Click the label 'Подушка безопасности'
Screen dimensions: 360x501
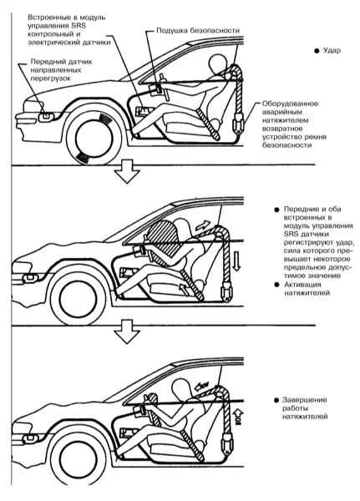[198, 31]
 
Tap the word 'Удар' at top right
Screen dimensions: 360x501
[332, 50]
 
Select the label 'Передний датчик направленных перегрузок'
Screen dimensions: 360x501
[61, 69]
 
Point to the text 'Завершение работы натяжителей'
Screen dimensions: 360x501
[304, 408]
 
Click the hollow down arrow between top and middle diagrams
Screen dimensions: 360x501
[127, 172]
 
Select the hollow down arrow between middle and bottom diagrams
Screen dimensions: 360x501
[127, 332]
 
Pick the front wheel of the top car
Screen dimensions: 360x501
[94, 134]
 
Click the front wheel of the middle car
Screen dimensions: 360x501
[79, 296]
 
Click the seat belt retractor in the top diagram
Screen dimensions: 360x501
[238, 124]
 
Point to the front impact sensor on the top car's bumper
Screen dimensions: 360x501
[45, 117]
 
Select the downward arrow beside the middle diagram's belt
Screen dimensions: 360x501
[236, 261]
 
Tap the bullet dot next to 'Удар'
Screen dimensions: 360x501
[317, 51]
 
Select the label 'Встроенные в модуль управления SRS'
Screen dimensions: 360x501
[67, 22]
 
